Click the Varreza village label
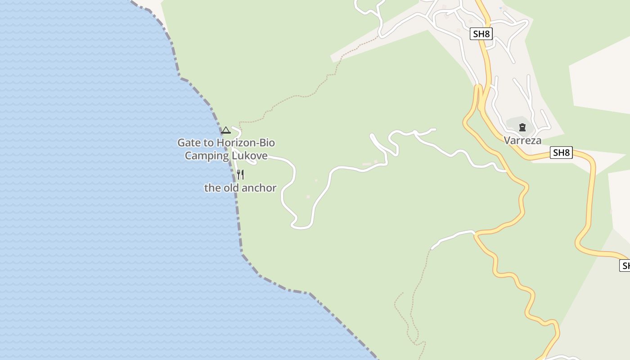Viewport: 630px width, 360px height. click(522, 140)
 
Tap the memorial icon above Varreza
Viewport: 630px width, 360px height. click(522, 127)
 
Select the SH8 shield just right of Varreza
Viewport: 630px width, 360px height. click(561, 153)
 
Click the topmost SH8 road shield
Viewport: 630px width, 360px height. click(481, 34)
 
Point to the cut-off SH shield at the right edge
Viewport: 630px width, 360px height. click(625, 265)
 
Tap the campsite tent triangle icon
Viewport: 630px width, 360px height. click(226, 130)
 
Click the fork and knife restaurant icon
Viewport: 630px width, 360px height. click(241, 175)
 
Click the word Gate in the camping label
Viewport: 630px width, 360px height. click(189, 143)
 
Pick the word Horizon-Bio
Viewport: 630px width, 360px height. click(245, 143)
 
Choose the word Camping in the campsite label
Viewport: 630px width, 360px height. click(207, 156)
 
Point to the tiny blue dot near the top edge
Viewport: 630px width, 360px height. click(500, 8)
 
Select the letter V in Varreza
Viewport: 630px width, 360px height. click(507, 140)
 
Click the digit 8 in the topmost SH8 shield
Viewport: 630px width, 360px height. click(486, 34)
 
